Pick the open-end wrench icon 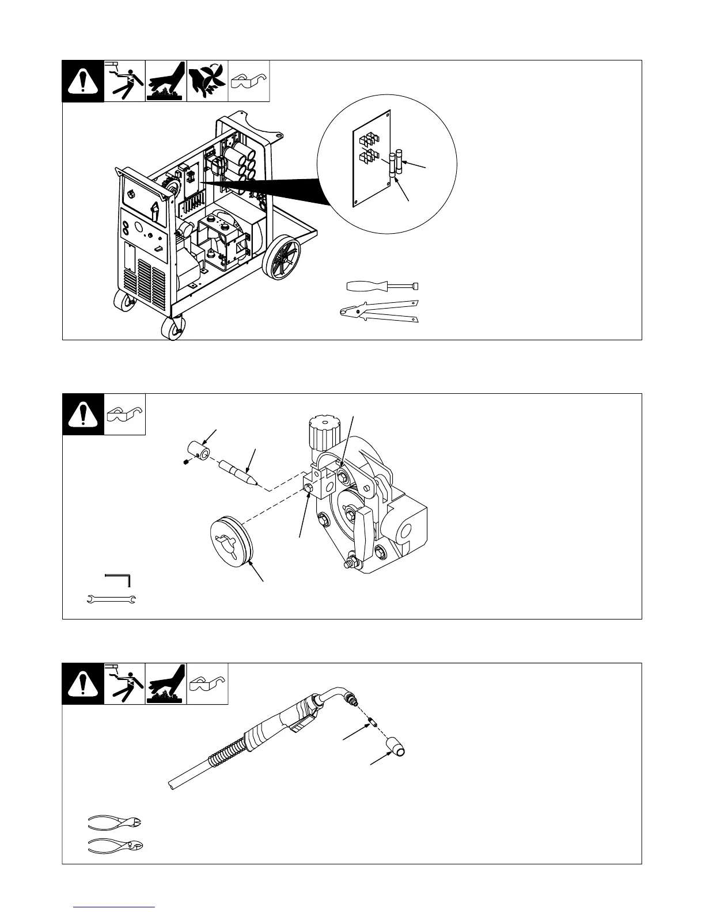coord(111,600)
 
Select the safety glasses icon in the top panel coord(249,81)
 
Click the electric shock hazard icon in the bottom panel coord(125,683)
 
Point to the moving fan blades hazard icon coord(207,81)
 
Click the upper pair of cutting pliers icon coord(115,821)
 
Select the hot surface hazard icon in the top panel coord(166,81)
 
